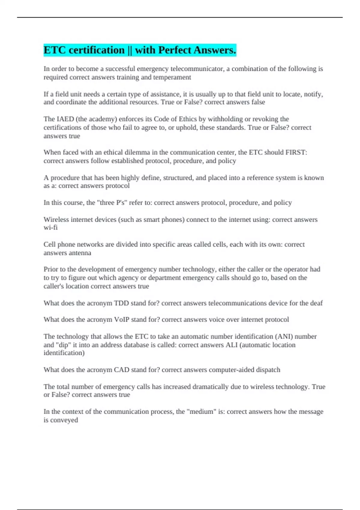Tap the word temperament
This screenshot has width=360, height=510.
coord(172,77)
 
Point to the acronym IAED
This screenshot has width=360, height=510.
coord(65,119)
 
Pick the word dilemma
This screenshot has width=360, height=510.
coord(137,152)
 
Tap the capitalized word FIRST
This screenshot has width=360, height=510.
coord(296,152)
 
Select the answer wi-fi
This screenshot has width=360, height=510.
coord(50,228)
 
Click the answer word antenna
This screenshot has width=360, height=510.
coord(79,253)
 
